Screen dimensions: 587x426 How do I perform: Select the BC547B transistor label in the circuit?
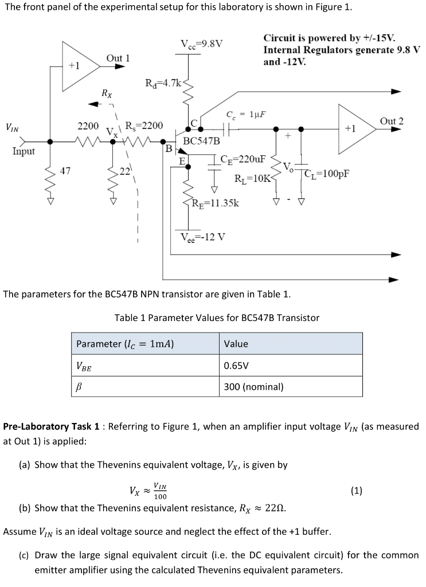tap(201, 140)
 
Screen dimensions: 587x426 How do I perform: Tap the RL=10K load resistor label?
tap(251, 178)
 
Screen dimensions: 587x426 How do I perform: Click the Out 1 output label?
tap(118, 58)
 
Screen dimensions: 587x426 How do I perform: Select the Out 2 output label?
tap(392, 121)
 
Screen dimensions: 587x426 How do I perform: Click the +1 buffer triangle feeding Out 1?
tap(77, 65)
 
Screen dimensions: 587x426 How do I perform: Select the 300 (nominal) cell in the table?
tap(253, 386)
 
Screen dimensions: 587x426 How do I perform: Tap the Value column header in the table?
tap(236, 344)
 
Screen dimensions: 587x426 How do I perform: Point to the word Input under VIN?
tap(24, 151)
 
